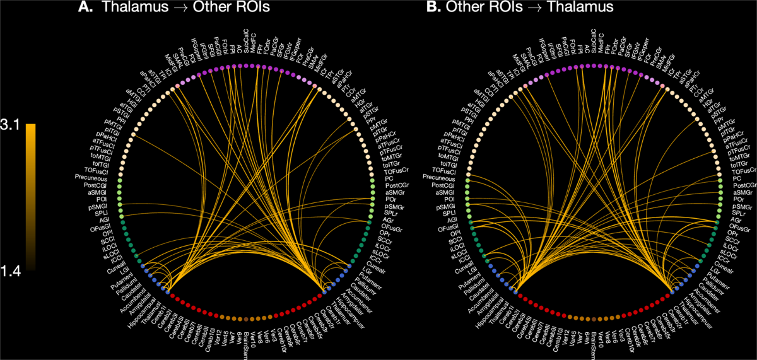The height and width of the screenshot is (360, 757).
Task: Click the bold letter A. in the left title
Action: click(85, 8)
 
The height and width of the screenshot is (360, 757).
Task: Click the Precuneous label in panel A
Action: click(95, 177)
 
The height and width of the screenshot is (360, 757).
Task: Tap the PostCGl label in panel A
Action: click(98, 185)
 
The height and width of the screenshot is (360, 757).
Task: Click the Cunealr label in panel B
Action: click(730, 263)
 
